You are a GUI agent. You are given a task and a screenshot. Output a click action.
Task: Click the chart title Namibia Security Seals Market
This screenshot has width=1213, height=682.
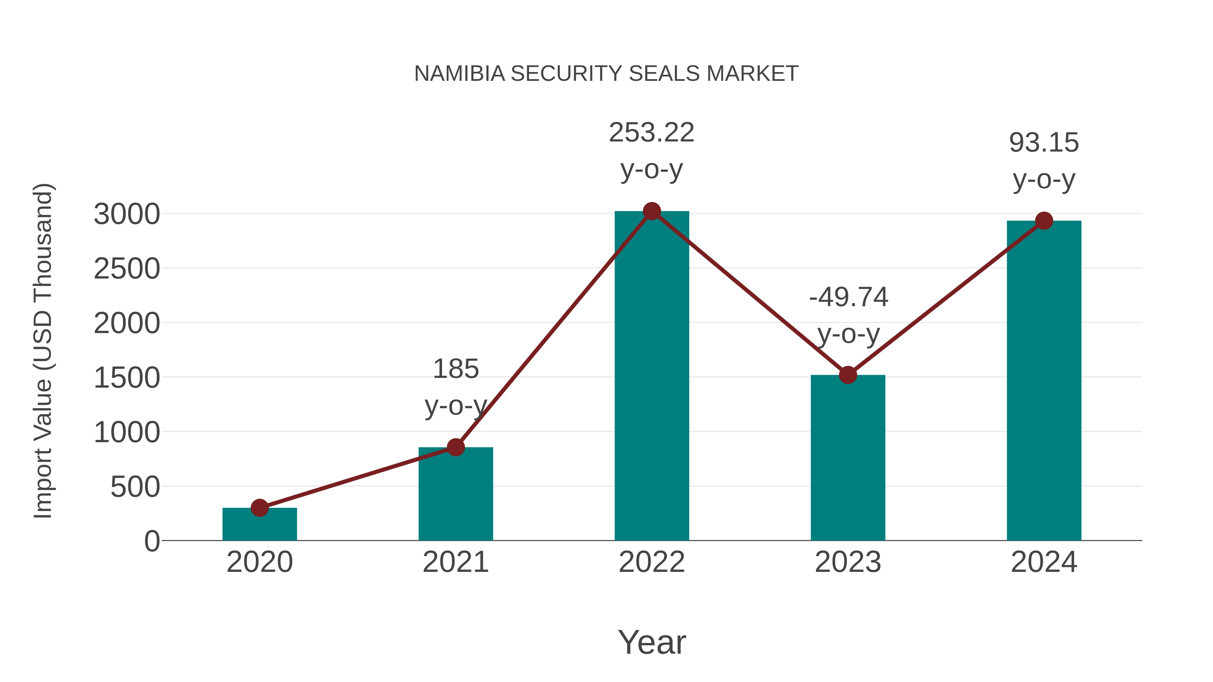point(606,74)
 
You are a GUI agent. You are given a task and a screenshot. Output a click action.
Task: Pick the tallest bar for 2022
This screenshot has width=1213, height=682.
point(652,377)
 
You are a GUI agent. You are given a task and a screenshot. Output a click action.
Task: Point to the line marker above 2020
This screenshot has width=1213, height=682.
point(259,508)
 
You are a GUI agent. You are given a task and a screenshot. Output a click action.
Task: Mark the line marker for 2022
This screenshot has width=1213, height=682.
point(652,211)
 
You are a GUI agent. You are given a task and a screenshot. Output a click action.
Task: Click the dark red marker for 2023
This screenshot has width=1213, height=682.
point(848,375)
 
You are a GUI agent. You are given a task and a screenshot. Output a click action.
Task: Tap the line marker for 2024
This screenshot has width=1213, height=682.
point(1044,221)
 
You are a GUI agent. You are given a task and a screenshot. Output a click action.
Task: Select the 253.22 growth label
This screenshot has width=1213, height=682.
point(652,133)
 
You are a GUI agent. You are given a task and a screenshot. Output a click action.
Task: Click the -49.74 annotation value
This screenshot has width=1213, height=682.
point(848,297)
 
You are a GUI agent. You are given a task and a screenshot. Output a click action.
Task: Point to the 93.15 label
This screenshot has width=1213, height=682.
point(1044,143)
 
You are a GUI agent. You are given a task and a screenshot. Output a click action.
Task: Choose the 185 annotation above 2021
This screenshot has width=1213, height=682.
point(455,369)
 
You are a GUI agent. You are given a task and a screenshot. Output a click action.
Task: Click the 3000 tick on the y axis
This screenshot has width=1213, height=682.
point(127,215)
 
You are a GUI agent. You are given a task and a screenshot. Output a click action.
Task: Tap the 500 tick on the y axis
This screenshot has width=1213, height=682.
point(135,487)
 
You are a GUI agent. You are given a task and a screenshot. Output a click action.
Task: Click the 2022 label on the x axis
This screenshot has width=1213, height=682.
point(652,562)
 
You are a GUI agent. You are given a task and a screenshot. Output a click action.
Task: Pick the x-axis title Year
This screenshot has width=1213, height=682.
point(652,643)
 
